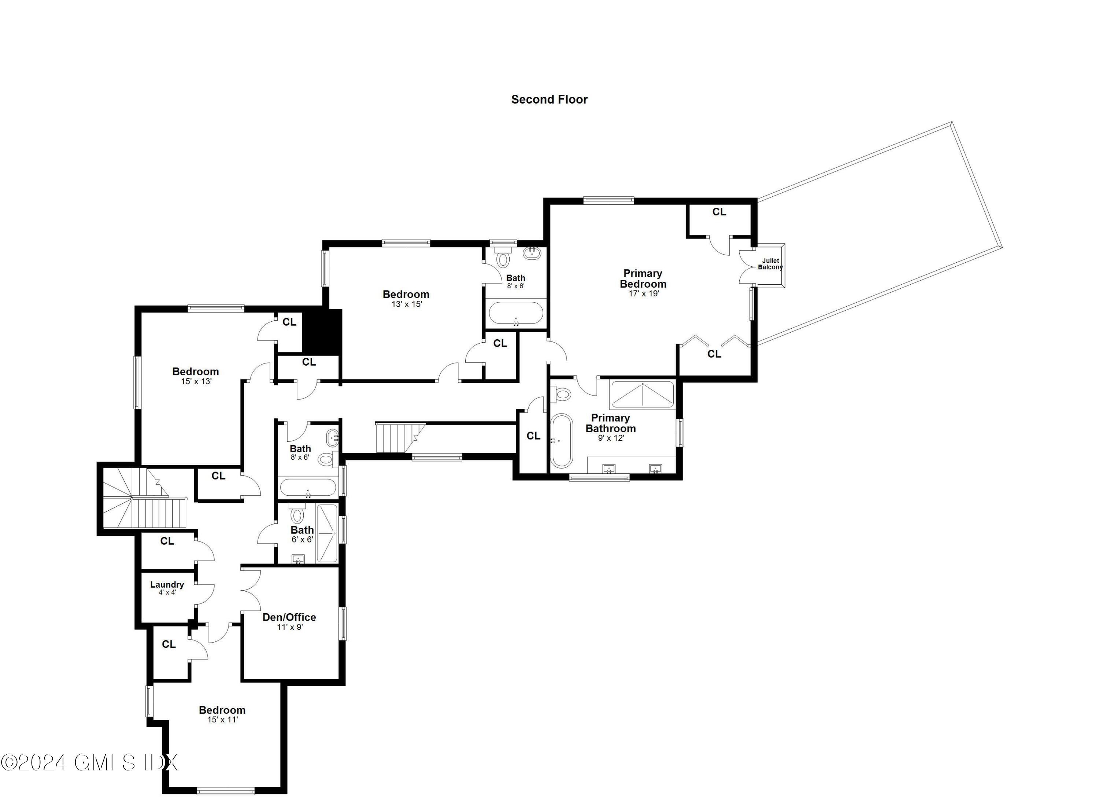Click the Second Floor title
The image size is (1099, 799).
(x=549, y=99)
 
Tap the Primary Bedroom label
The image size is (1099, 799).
(x=643, y=279)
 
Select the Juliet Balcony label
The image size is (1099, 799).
(x=770, y=264)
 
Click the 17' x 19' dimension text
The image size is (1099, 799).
(x=644, y=294)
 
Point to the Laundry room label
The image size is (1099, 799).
(x=167, y=585)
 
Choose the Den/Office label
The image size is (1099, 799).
(x=289, y=617)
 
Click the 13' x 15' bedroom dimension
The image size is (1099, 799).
(x=407, y=304)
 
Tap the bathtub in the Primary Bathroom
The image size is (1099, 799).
(x=562, y=440)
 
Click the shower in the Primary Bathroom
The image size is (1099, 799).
(x=643, y=395)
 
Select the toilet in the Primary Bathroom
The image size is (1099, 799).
(x=562, y=393)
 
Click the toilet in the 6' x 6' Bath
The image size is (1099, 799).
(x=297, y=515)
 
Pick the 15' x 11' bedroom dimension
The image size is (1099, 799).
(x=222, y=720)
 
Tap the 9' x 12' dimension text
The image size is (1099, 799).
(x=611, y=438)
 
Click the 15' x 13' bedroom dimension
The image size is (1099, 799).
(x=196, y=381)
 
